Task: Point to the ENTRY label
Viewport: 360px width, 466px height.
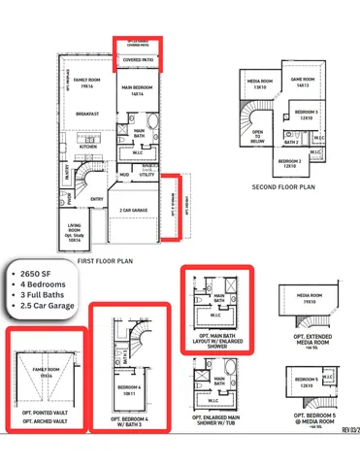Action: (97, 200)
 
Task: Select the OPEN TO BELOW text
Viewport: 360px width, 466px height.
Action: (258, 139)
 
